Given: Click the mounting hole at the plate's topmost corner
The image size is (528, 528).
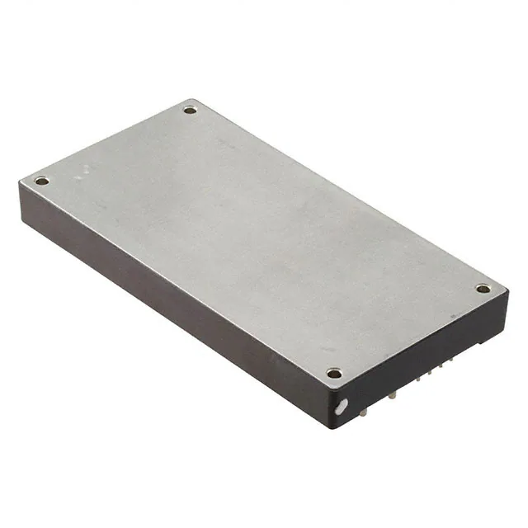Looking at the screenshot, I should click(x=190, y=110).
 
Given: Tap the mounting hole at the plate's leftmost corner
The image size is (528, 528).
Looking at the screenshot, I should click(x=41, y=181).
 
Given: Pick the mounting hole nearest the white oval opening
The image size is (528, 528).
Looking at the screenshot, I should click(x=333, y=373).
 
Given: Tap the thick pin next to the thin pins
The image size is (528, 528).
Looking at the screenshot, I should click(x=394, y=394).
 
